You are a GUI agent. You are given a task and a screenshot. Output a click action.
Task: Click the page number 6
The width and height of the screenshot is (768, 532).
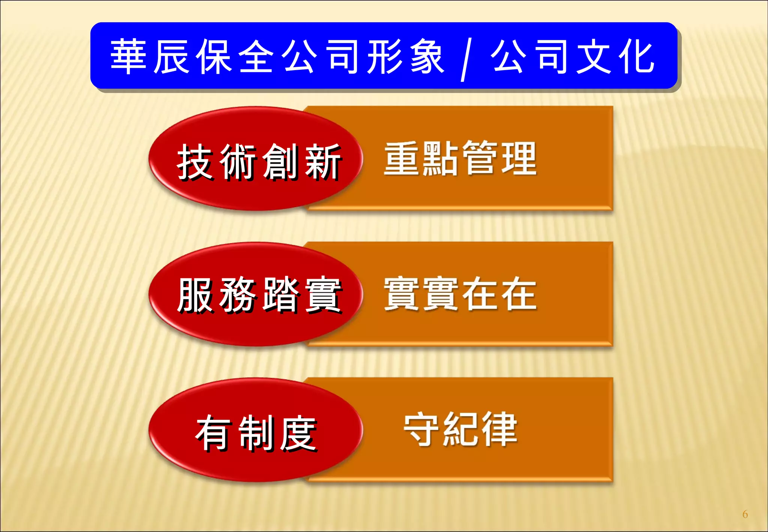pyautogui.click(x=745, y=514)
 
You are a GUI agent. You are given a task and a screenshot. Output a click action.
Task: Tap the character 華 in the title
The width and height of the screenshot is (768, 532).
pyautogui.click(x=128, y=57)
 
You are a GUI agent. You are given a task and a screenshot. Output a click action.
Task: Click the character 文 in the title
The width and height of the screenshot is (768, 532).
pyautogui.click(x=594, y=57)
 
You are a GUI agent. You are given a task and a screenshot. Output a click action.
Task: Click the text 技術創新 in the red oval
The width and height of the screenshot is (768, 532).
pyautogui.click(x=259, y=162)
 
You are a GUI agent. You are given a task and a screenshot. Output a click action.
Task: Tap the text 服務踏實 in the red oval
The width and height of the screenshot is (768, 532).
pyautogui.click(x=259, y=295)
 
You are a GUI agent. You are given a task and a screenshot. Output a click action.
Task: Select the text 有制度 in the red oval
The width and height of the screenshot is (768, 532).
pyautogui.click(x=256, y=433)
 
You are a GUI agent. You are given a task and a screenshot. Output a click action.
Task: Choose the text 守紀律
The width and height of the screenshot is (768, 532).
pyautogui.click(x=460, y=429)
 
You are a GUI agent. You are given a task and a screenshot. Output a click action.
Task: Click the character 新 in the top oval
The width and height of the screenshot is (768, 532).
pyautogui.click(x=323, y=162)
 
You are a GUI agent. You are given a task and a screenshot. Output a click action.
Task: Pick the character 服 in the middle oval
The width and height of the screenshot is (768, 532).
pyautogui.click(x=195, y=295)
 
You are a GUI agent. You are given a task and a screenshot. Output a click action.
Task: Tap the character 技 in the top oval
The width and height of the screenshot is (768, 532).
pyautogui.click(x=195, y=162)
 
